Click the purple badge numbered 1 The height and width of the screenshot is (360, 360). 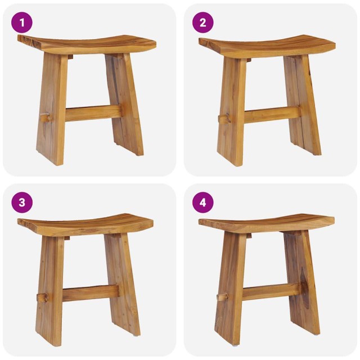click(x=22, y=22)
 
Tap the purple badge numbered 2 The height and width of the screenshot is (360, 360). click(x=203, y=22)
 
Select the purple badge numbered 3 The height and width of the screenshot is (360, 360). click(x=22, y=202)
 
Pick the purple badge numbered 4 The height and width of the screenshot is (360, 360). click(x=203, y=202)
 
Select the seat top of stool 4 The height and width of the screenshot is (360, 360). click(x=267, y=222)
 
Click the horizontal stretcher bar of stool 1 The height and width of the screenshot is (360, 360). click(x=93, y=112)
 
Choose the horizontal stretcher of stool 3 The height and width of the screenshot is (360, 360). click(x=90, y=292)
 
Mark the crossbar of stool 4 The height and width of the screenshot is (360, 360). click(x=270, y=292)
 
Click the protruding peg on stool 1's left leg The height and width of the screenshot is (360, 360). click(x=45, y=118)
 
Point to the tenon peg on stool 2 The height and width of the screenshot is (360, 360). click(x=224, y=119)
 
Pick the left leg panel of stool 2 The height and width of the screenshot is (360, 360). click(x=232, y=110)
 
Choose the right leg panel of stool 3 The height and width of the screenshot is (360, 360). click(x=124, y=284)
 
